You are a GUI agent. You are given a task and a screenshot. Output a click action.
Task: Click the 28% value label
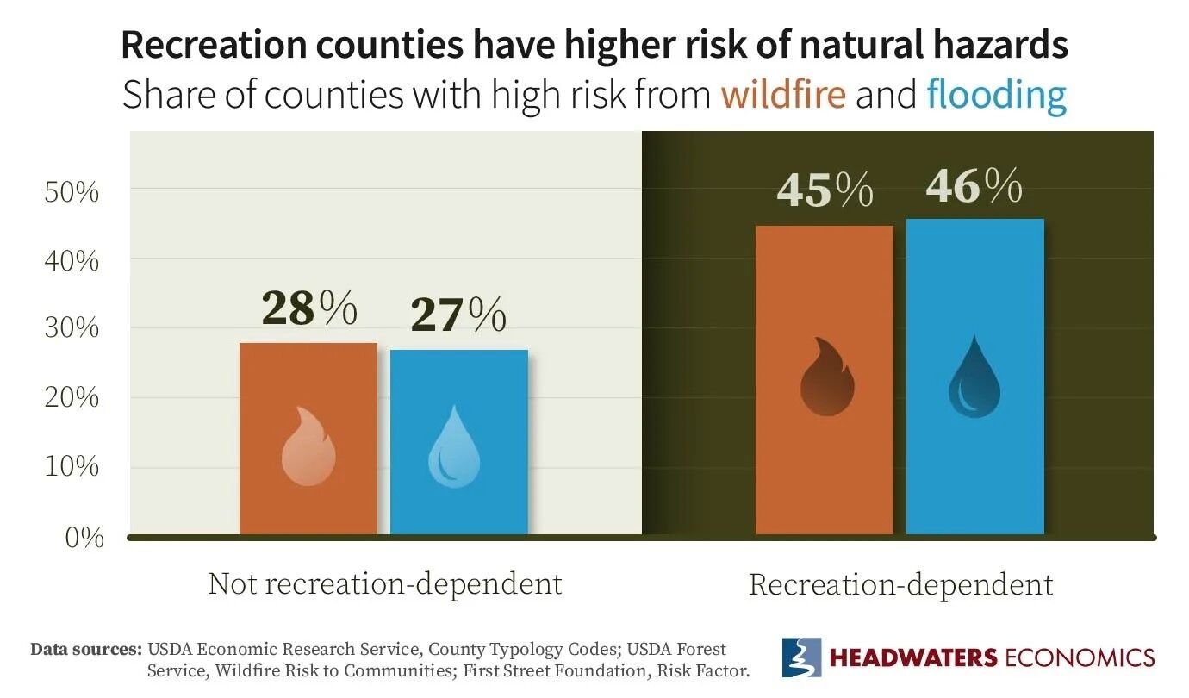pyautogui.click(x=308, y=308)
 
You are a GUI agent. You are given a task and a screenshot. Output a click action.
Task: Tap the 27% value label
pyautogui.click(x=458, y=315)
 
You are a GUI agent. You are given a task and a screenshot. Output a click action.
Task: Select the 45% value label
pyautogui.click(x=824, y=190)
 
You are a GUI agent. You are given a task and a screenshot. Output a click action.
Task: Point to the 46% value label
pyautogui.click(x=974, y=185)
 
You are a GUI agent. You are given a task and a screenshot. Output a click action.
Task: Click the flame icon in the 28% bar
pyautogui.click(x=308, y=446)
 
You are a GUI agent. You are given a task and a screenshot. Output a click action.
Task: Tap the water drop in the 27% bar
pyautogui.click(x=455, y=446)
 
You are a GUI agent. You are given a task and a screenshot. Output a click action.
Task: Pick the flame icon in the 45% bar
pyautogui.click(x=826, y=377)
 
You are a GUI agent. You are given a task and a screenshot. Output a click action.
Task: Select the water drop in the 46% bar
pyautogui.click(x=974, y=377)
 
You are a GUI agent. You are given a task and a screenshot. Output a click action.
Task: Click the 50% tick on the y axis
pyautogui.click(x=72, y=191)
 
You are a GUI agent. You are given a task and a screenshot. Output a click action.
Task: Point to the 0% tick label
pyautogui.click(x=84, y=539)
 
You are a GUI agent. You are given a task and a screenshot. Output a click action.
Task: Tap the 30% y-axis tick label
pyautogui.click(x=72, y=329)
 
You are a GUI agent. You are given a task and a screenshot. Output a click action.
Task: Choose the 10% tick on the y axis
pyautogui.click(x=72, y=468)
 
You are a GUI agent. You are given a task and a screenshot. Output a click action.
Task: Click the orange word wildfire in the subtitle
pyautogui.click(x=783, y=94)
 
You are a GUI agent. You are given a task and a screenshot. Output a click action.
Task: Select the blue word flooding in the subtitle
pyautogui.click(x=996, y=95)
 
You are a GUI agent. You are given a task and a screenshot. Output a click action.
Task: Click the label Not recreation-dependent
pyautogui.click(x=384, y=584)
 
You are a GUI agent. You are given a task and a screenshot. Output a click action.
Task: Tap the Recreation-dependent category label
pyautogui.click(x=900, y=585)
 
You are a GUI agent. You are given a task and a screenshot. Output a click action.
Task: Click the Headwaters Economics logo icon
pyautogui.click(x=800, y=657)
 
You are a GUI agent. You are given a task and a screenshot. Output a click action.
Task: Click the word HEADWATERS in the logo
pyautogui.click(x=912, y=657)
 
